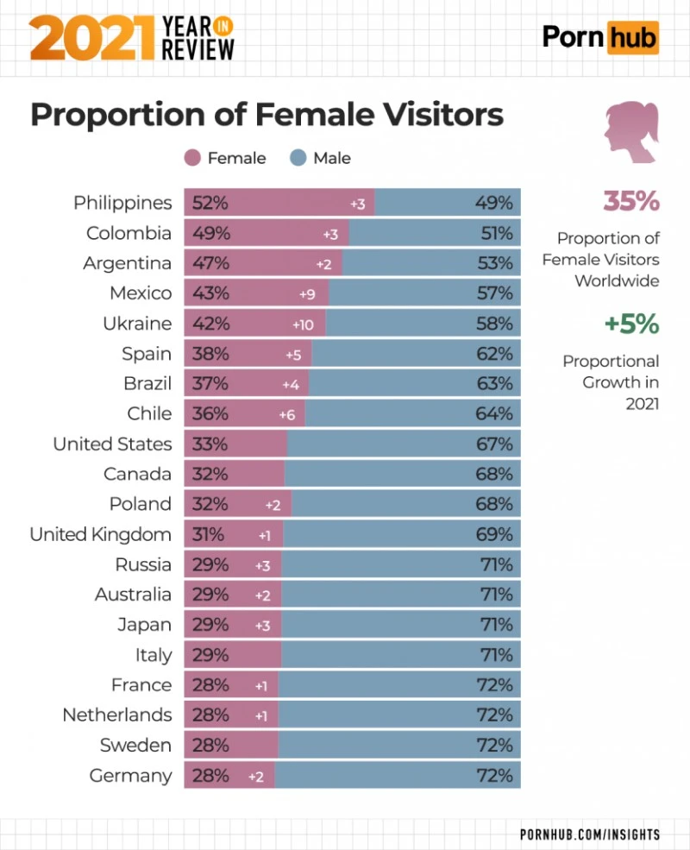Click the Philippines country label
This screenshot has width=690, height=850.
click(x=122, y=204)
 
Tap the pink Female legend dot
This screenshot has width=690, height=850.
click(x=192, y=158)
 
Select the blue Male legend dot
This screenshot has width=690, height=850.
click(x=298, y=158)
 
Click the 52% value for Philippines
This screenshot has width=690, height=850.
click(x=210, y=204)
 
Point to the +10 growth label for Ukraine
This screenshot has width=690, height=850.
click(x=303, y=324)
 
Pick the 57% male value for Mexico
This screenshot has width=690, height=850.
click(x=494, y=294)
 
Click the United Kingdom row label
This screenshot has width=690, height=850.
click(x=100, y=535)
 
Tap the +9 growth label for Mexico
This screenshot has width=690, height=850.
click(x=307, y=294)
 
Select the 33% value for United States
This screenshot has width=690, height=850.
click(x=210, y=444)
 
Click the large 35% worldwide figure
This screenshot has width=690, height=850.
click(x=630, y=201)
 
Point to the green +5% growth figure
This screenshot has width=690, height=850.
click(x=630, y=324)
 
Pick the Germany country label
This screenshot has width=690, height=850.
click(x=130, y=776)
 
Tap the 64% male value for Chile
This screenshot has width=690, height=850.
click(x=494, y=414)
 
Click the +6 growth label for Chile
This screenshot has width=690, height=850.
click(x=287, y=415)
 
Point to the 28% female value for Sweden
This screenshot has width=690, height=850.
click(x=210, y=746)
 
